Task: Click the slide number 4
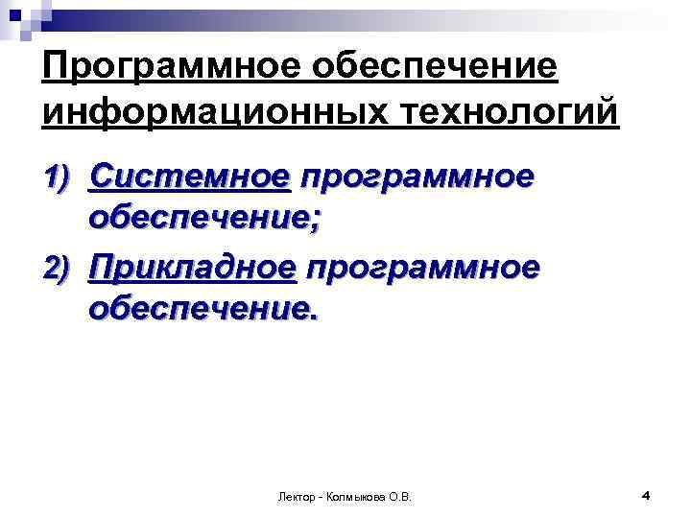(646, 495)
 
